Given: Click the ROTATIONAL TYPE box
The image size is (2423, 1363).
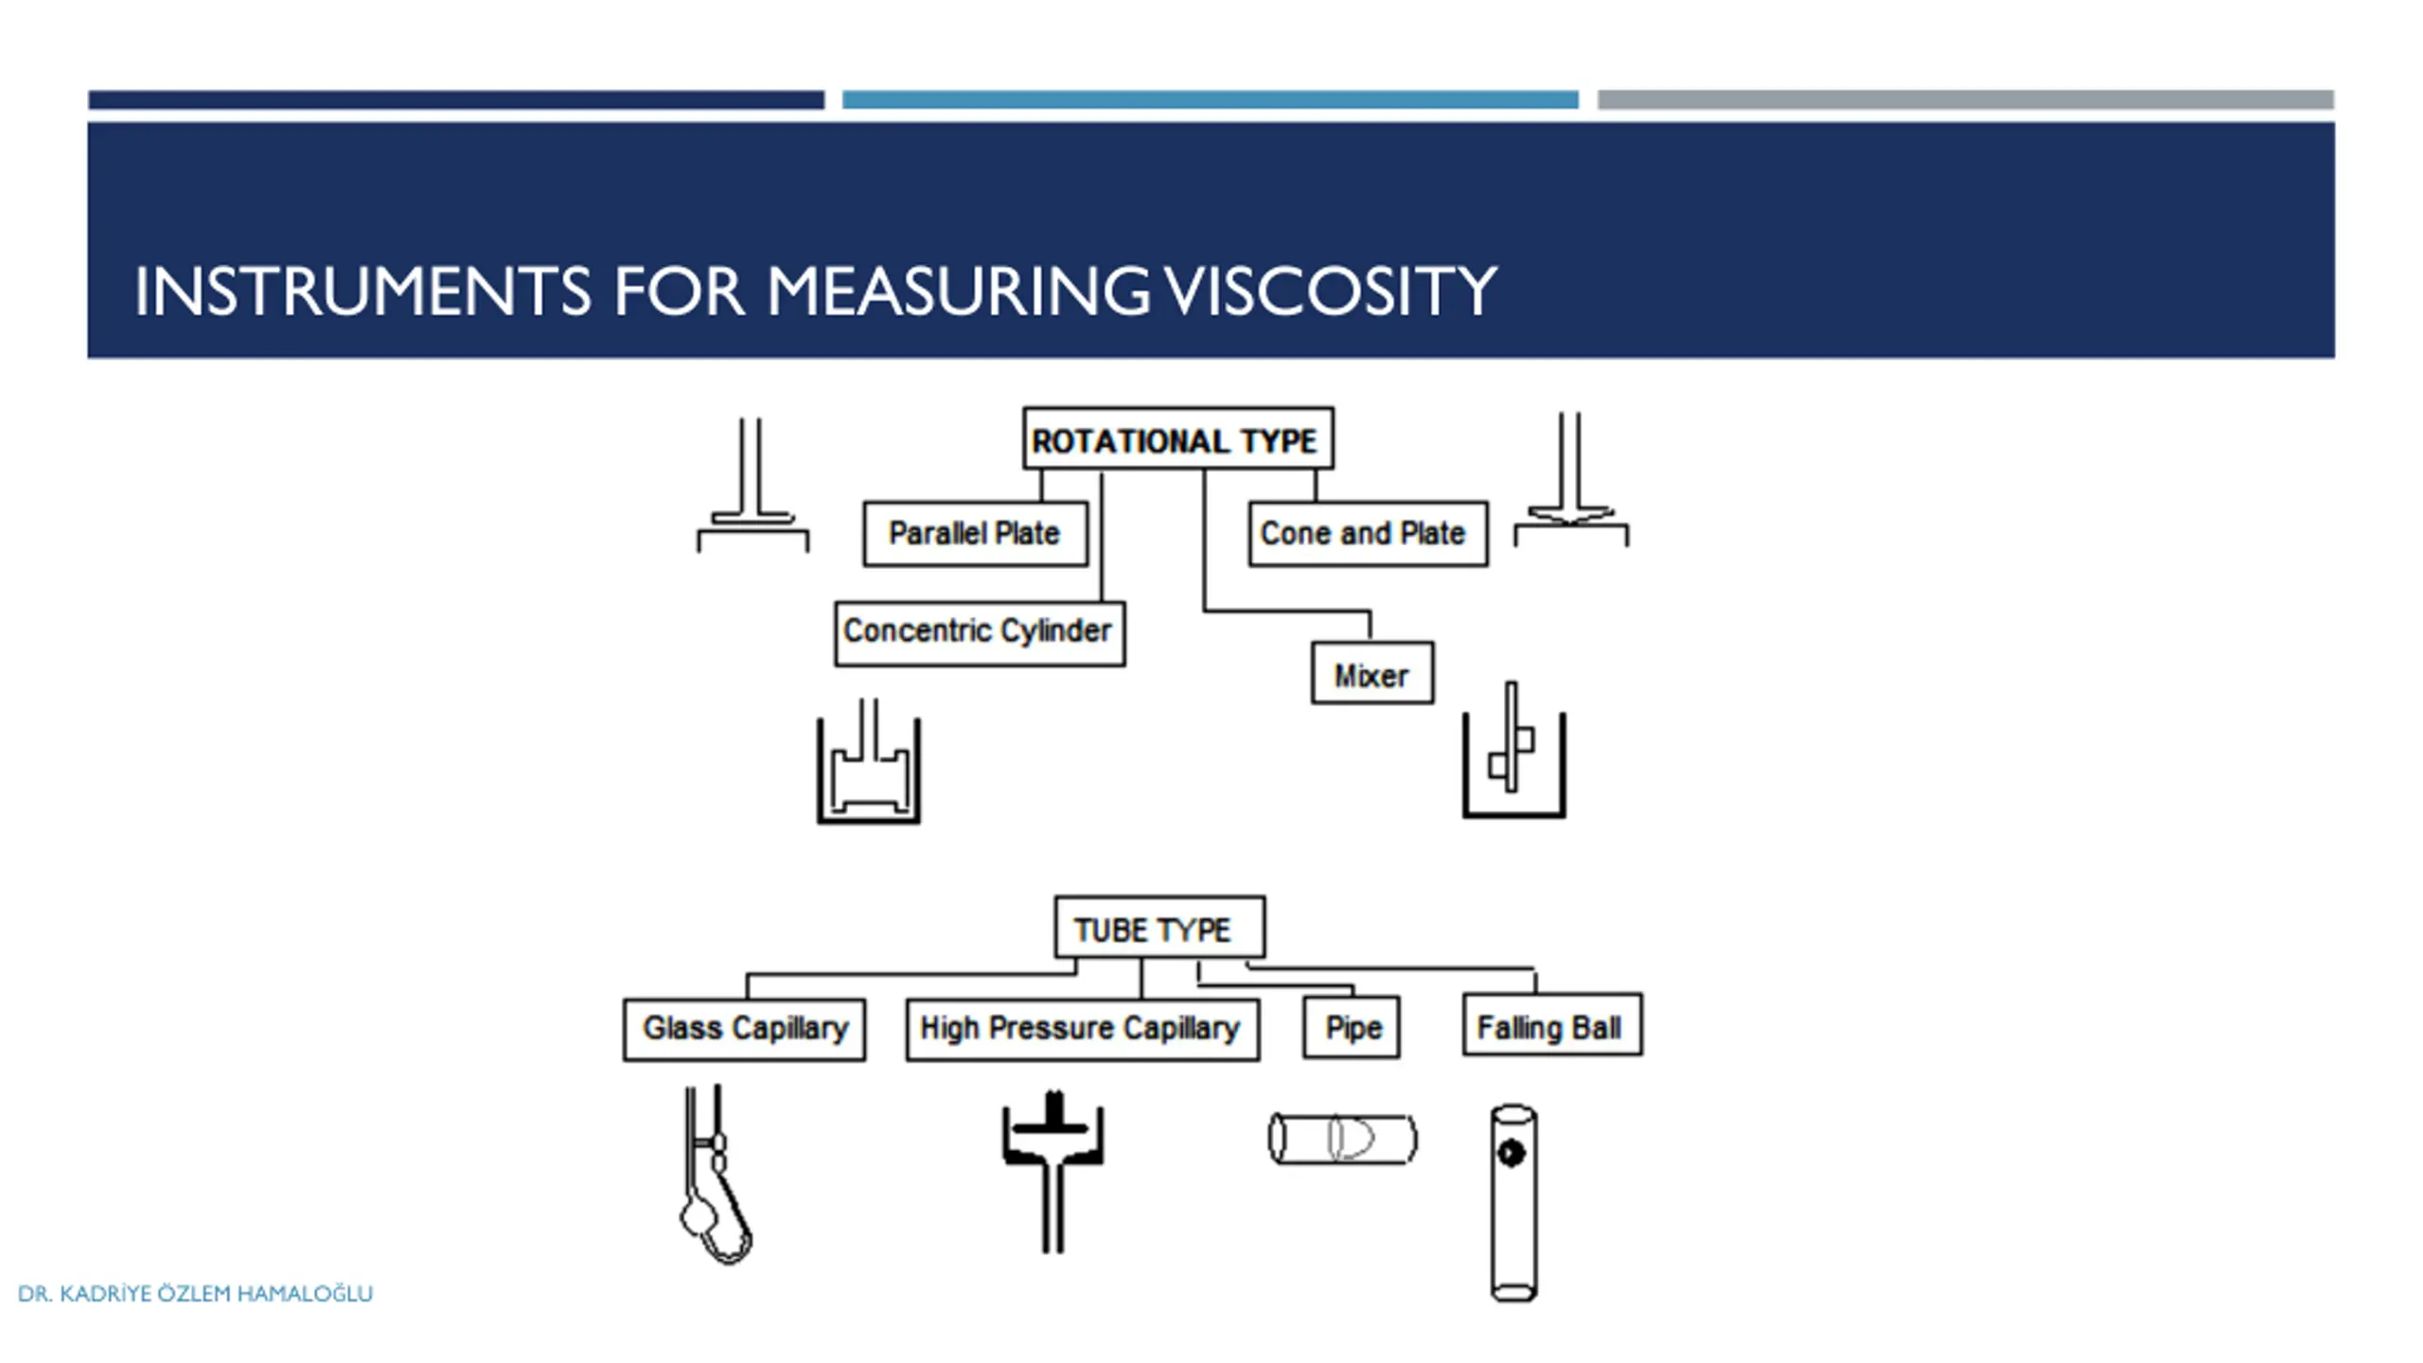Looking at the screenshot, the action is click(x=1177, y=439).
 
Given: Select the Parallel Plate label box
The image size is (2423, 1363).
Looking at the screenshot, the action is click(x=975, y=534).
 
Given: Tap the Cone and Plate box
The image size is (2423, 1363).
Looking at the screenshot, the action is click(x=1367, y=534).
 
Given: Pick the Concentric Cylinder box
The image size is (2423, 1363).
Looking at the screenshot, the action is click(x=979, y=632).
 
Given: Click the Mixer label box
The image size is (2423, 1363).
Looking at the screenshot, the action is click(x=1371, y=674).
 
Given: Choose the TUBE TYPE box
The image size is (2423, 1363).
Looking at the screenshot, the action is click(x=1158, y=929).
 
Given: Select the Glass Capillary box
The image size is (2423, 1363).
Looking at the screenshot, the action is click(x=744, y=1029).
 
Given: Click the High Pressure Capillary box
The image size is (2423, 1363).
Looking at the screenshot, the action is click(x=1082, y=1029).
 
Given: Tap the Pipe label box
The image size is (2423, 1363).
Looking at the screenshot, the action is click(x=1351, y=1028).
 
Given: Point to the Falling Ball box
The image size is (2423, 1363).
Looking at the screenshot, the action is click(x=1551, y=1026).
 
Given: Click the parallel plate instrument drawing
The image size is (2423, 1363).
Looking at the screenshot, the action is click(x=752, y=492).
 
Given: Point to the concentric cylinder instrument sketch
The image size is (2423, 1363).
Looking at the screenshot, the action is click(x=869, y=767).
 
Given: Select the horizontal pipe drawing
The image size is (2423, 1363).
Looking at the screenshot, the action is click(x=1342, y=1139).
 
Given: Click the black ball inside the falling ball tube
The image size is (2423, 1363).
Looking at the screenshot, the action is click(x=1511, y=1153).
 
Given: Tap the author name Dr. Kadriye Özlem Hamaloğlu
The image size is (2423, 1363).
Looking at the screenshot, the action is click(x=196, y=1293).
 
